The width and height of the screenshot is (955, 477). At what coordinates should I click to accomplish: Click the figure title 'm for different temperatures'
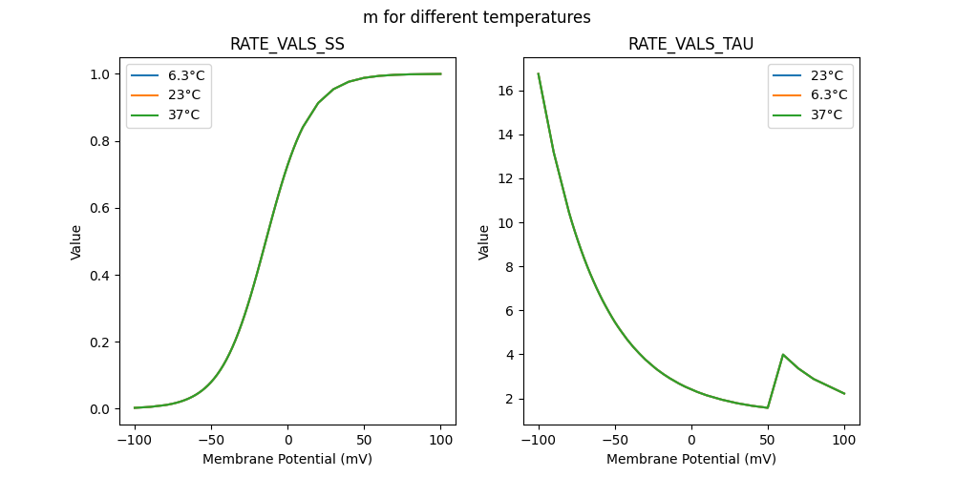point(477,17)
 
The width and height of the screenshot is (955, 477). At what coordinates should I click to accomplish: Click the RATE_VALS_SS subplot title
point(287,45)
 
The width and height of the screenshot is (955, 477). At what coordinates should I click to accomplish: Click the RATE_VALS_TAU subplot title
point(691,45)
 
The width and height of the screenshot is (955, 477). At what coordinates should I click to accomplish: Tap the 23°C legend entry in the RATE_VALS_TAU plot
point(820,75)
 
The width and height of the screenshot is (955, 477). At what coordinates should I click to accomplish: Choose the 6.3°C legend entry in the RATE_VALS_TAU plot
point(820,94)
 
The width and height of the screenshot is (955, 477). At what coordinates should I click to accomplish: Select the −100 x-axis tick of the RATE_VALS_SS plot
point(135,440)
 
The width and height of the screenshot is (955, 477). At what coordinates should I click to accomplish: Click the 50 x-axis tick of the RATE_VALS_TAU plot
point(768,440)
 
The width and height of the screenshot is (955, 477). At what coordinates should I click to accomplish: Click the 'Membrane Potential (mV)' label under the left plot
point(287,459)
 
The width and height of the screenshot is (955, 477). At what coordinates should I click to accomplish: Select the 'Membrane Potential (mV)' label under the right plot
point(691,459)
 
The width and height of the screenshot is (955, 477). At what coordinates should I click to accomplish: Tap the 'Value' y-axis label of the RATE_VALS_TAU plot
point(484,242)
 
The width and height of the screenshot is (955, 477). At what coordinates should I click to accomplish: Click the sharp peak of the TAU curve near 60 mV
point(783,355)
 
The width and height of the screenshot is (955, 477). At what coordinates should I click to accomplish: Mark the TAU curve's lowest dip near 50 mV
point(768,407)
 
